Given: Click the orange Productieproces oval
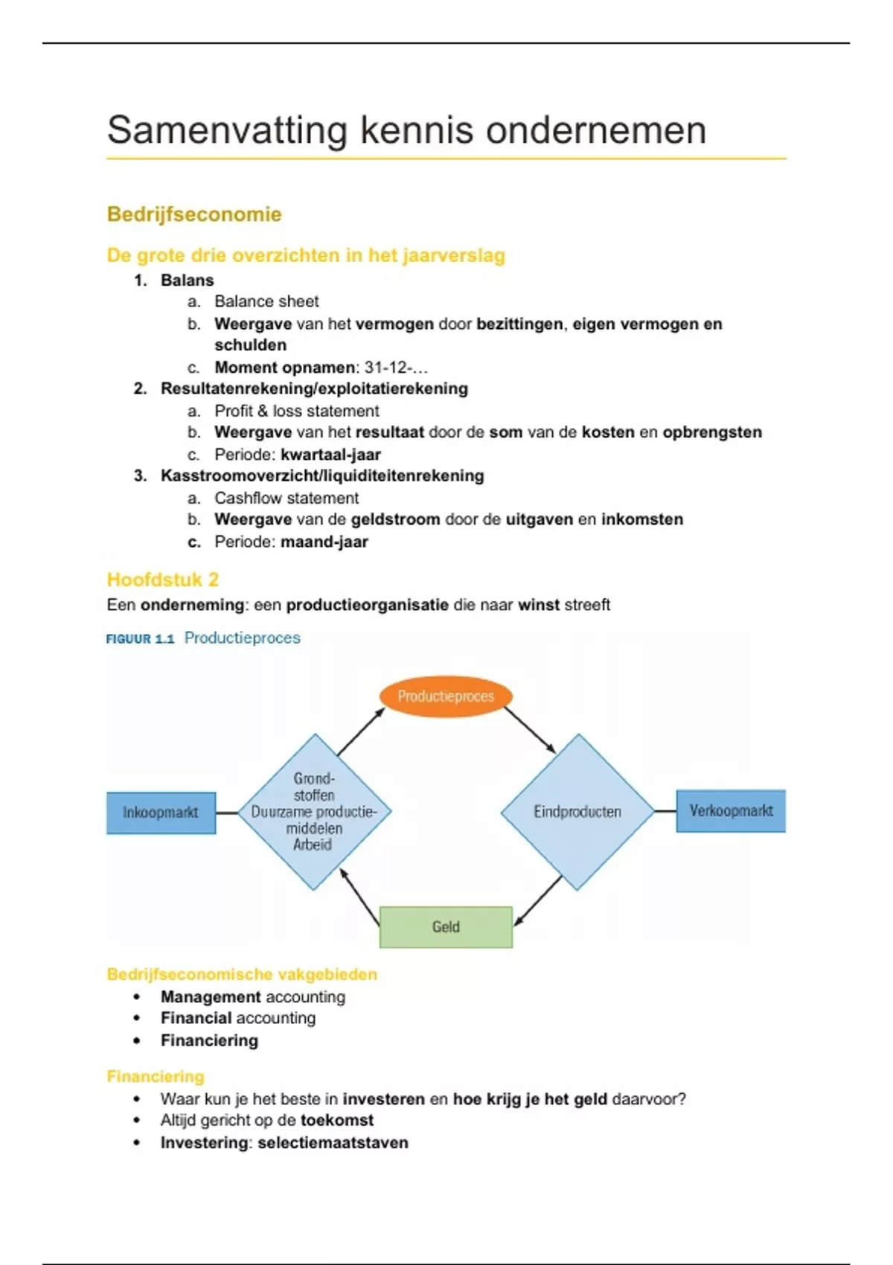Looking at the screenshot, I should click(x=446, y=696).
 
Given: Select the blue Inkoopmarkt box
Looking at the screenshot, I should click(x=161, y=813).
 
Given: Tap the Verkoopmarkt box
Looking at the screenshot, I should click(x=731, y=811).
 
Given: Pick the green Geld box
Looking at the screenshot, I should click(x=446, y=927).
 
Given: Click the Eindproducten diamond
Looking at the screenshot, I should click(x=577, y=812).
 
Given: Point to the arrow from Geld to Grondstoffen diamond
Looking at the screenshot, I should click(x=359, y=897).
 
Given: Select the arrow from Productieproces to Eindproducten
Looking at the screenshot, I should click(x=530, y=730).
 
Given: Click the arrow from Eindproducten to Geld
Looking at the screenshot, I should click(x=538, y=900).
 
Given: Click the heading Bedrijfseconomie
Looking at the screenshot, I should click(x=194, y=214).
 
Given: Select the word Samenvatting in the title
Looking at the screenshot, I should click(x=227, y=130).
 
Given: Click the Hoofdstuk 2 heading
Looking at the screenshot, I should click(x=162, y=580).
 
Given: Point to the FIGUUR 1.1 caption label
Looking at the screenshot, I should click(x=140, y=638).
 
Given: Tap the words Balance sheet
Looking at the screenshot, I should click(x=266, y=301).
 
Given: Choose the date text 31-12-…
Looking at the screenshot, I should click(x=396, y=368).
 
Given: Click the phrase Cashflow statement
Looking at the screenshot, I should click(x=287, y=498).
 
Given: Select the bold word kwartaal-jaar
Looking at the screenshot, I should click(x=330, y=455).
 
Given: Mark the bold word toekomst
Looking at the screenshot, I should click(x=336, y=1121).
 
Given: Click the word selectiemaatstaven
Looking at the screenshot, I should click(x=333, y=1143).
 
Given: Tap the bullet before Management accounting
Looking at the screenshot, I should click(x=136, y=997).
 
